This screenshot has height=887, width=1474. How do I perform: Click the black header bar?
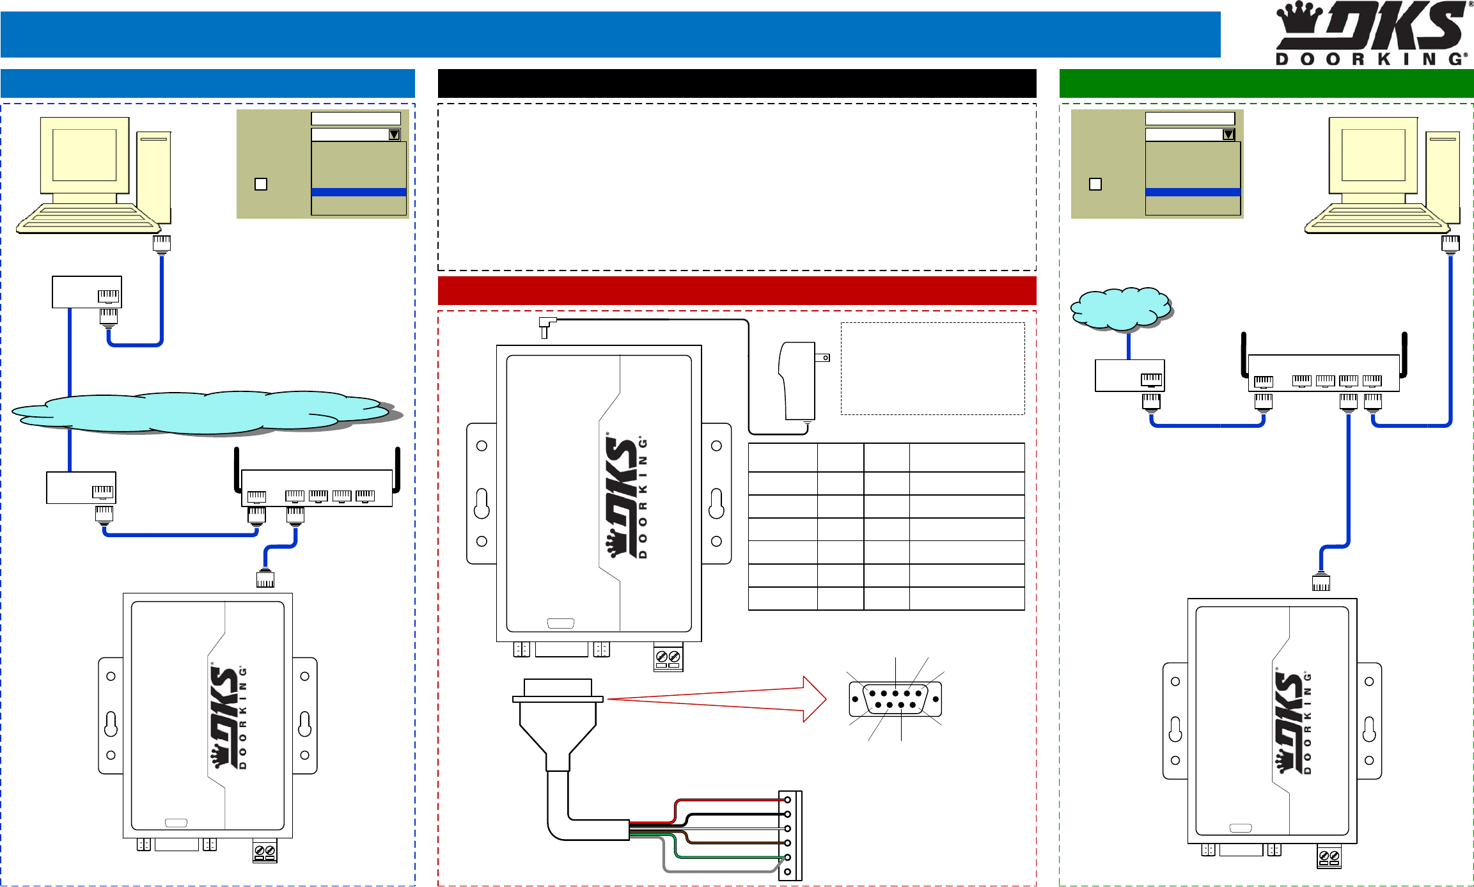pos(736,83)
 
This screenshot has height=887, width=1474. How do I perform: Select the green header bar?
pos(1266,83)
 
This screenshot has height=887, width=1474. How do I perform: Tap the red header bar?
pos(736,290)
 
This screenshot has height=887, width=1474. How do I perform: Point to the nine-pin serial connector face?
pos(895,699)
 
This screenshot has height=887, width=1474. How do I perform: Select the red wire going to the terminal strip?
pos(729,800)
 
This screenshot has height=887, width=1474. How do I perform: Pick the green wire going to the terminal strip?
pos(729,857)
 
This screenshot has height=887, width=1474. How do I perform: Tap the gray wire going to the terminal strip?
pos(716,871)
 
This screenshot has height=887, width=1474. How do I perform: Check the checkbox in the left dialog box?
pos(261,184)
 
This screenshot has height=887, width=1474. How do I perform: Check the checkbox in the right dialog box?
pos(1095,184)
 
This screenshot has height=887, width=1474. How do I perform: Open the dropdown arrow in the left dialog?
pos(394,135)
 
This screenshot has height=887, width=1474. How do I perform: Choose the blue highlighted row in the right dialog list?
pos(1193,192)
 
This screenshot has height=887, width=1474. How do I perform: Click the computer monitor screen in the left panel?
pos(84,155)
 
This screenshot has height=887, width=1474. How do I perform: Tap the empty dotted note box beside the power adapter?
pos(932,368)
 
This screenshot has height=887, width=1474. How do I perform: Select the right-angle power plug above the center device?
pos(545,326)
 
